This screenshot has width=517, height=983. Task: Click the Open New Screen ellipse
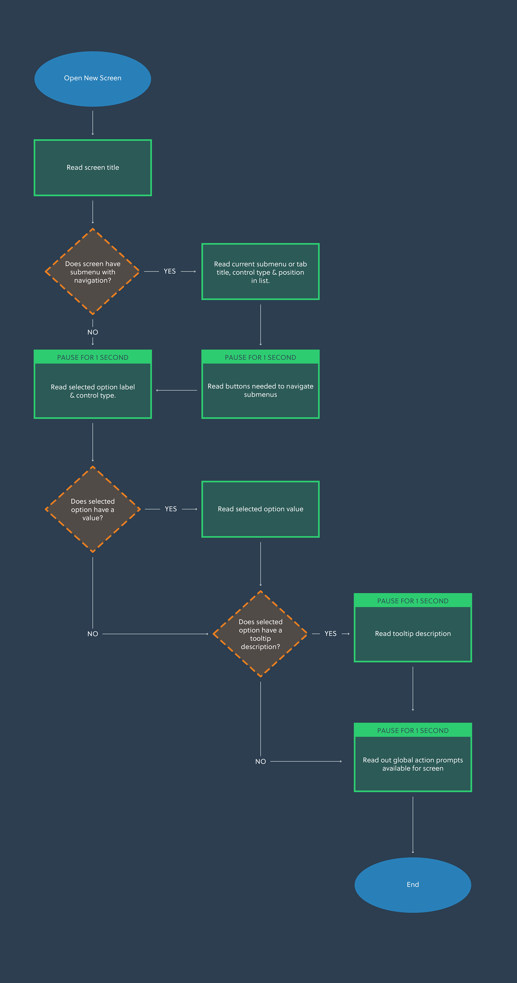tap(93, 79)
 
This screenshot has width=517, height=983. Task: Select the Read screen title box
tap(93, 167)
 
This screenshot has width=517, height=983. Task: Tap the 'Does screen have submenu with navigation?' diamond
tap(93, 272)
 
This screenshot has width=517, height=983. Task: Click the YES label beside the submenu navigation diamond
tap(170, 271)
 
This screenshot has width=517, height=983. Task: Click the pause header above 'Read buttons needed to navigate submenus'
tap(260, 357)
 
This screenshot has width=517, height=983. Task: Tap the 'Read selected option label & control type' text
tap(93, 391)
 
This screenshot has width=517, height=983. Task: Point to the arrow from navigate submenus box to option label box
tap(177, 390)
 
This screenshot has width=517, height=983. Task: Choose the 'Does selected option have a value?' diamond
tap(93, 509)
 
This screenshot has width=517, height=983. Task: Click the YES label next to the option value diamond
tap(171, 509)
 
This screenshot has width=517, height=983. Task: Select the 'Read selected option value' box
tap(260, 509)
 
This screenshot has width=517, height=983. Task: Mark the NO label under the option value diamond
tap(93, 634)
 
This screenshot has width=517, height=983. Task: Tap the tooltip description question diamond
tap(260, 634)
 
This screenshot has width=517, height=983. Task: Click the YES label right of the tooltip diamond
tap(330, 634)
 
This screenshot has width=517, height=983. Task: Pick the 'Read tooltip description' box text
tap(413, 634)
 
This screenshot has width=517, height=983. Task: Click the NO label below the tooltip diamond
tap(261, 761)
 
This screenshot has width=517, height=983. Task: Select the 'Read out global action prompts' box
tap(413, 764)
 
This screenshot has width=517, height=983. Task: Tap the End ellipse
tap(413, 885)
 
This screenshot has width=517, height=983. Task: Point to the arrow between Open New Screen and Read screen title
tap(93, 123)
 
